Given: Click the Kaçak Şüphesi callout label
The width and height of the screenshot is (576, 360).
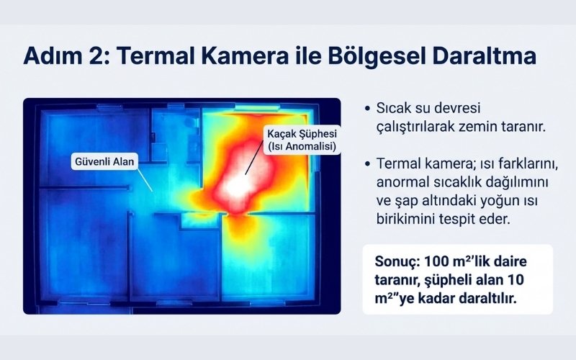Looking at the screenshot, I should point(302,135).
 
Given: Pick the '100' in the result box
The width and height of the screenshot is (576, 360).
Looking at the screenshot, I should point(436,261).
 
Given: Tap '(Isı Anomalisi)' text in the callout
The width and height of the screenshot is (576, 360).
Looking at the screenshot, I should point(302,148).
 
